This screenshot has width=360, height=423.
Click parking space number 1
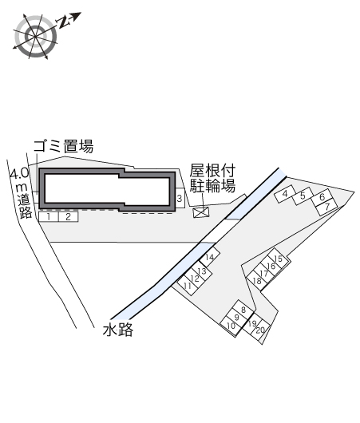[x=49, y=217]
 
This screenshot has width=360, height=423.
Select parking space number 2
[x=69, y=217]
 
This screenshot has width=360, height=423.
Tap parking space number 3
[x=180, y=198]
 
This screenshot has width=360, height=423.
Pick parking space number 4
[x=285, y=194]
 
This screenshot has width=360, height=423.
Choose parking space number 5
[x=303, y=196]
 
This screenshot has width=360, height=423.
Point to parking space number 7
[x=327, y=208]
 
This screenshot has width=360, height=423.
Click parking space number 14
[x=210, y=257]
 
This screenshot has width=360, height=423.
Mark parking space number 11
[x=188, y=285]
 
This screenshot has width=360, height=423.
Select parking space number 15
[x=279, y=259]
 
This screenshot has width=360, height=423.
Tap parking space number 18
[x=257, y=281]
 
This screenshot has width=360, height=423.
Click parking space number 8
[x=243, y=310]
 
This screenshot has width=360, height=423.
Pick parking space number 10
[x=231, y=326]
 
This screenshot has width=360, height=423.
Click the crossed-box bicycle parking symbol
[x=201, y=212]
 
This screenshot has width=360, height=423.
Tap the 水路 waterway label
[x=118, y=330]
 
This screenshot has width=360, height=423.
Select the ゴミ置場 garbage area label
[x=63, y=146]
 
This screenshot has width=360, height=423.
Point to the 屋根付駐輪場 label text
[x=212, y=178]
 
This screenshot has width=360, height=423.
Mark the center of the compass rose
[x=36, y=36]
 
